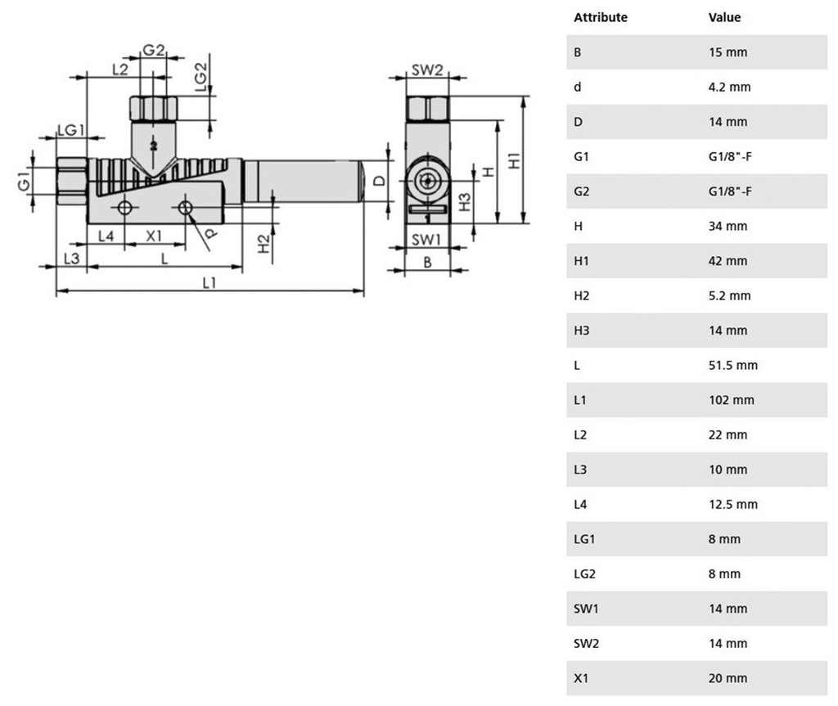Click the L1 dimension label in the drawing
pos(209,282)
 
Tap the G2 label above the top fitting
pos(153,50)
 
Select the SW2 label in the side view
pos(427,70)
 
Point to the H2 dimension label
pos(264,244)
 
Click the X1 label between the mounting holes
pos(154,236)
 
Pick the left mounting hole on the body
pos(124,207)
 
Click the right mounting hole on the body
pos(185,207)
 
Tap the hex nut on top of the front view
pos(153,109)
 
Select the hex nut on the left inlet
pos(72,181)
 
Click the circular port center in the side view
pos(427,181)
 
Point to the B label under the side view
pos(427,263)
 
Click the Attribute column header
pos(601,17)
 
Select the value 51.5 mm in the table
pos(732,365)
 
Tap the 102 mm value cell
pos(731,400)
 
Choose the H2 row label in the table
pos(582,295)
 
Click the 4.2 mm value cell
pos(729,87)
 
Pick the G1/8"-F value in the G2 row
pos(730,191)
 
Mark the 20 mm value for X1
pos(728,678)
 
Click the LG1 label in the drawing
pos(71,130)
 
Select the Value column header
pos(725,17)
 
